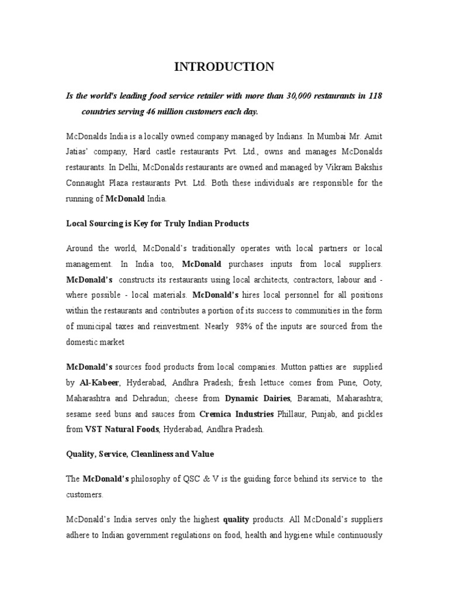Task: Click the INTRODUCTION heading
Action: pos(224,67)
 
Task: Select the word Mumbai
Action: pos(310,136)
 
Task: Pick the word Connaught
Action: pos(86,183)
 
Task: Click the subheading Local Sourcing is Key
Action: pos(157,223)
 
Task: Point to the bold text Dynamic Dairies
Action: pos(258,398)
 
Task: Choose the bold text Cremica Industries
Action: pos(237,414)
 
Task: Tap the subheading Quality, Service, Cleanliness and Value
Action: pos(140,454)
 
